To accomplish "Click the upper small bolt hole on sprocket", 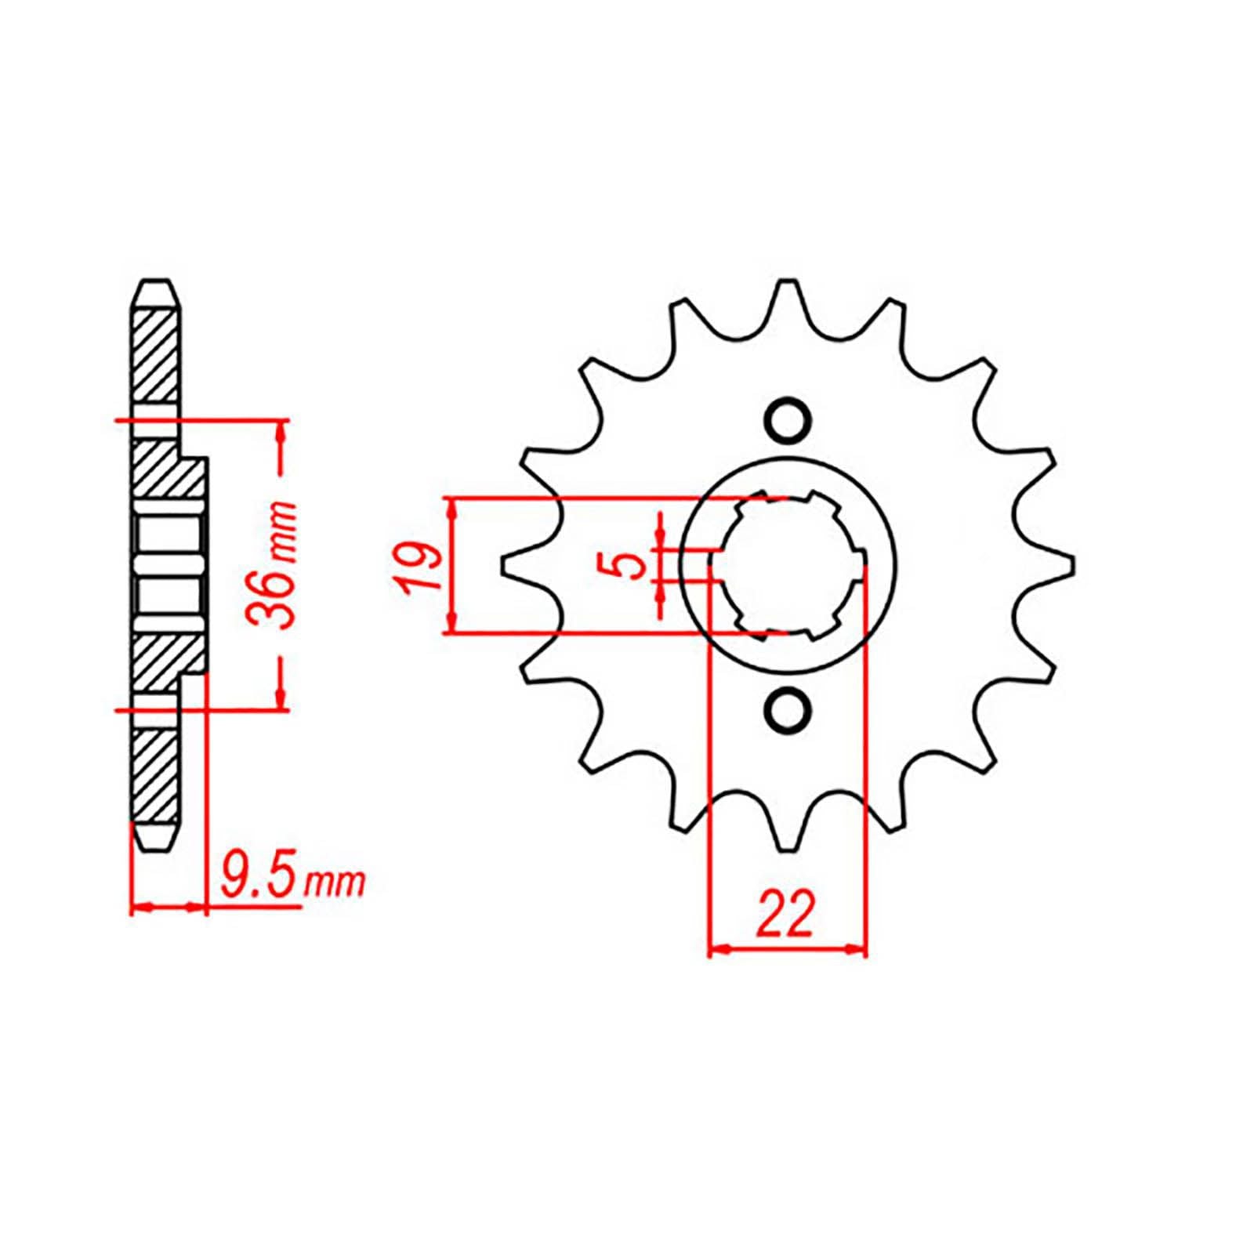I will pos(786,422).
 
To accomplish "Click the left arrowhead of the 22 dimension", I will pos(718,950).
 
